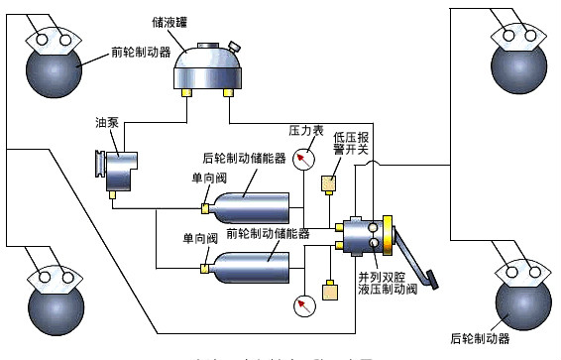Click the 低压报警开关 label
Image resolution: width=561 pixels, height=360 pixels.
pos(351,144)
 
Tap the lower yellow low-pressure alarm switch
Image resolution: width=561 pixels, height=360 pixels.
pos(330,292)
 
